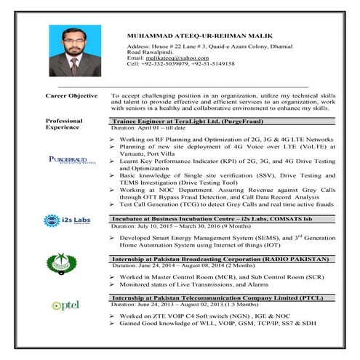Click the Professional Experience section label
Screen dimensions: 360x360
pyautogui.click(x=64, y=124)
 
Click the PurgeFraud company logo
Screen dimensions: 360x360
pyautogui.click(x=66, y=160)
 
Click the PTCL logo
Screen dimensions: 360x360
pyautogui.click(x=61, y=305)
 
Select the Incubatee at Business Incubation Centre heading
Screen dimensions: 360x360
pyautogui.click(x=205, y=218)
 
